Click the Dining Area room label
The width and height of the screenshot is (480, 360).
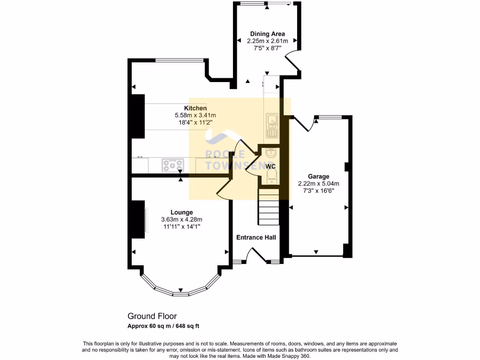point(267,34)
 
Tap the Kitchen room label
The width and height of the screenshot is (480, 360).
point(195,108)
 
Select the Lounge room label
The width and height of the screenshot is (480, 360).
point(181,212)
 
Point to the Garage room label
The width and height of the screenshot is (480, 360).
point(318,177)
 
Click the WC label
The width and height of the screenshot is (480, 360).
point(270,166)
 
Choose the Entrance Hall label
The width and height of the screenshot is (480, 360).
point(256,237)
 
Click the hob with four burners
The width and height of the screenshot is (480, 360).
point(172,165)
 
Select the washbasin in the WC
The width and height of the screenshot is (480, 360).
point(270,153)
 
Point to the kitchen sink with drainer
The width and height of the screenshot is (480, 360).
point(271,126)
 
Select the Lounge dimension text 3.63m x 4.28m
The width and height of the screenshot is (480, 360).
point(181,219)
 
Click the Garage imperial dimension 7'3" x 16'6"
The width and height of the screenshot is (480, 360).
point(318,191)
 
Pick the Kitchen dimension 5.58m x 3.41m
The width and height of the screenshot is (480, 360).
point(195,115)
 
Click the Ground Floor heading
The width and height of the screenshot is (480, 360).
point(152,316)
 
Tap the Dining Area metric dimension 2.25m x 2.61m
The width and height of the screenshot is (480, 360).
point(267,41)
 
